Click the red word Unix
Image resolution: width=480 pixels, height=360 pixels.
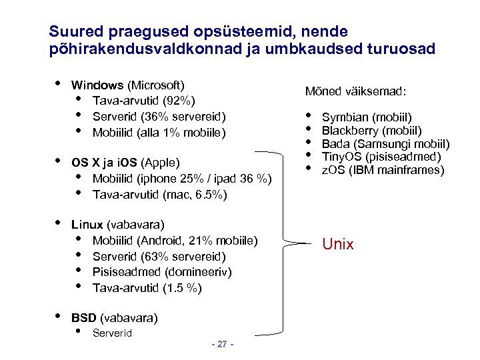coord(338,244)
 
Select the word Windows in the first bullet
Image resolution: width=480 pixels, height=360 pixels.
coord(97,85)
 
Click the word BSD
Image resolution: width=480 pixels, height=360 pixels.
coord(83,318)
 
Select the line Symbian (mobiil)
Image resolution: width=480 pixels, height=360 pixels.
coord(367,117)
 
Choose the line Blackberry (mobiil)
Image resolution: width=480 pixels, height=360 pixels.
coord(372,130)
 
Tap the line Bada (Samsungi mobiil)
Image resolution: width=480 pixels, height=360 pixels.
coord(386,143)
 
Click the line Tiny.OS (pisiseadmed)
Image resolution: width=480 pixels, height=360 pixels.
coord(381,157)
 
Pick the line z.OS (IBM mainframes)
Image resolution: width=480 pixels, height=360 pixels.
coord(383,170)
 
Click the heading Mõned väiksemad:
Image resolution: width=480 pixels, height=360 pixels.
coord(356,91)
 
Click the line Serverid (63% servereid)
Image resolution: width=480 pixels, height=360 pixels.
coord(159,257)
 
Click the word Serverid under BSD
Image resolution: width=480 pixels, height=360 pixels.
coord(112,333)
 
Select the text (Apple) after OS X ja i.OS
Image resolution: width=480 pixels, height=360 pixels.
coord(161,163)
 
